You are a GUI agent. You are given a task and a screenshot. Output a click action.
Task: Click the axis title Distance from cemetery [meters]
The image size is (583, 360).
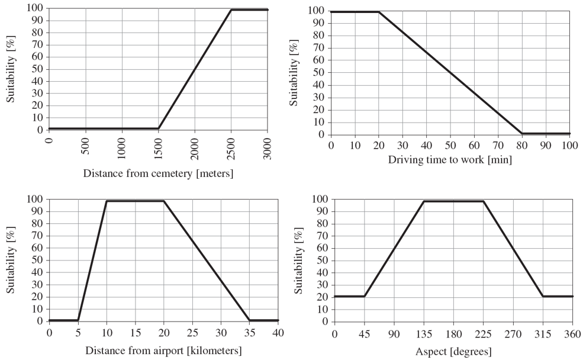tap(158, 173)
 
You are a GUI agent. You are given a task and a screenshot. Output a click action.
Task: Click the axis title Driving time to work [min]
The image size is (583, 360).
tap(450, 159)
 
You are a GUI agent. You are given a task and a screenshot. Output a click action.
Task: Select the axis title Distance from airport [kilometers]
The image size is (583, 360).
tap(163, 350)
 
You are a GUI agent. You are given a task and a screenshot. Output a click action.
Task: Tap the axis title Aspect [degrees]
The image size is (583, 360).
tap(453, 351)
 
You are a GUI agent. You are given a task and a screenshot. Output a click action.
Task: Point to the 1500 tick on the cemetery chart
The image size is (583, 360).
tap(159, 146)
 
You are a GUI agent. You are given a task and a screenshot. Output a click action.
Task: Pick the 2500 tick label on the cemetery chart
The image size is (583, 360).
tap(231, 146)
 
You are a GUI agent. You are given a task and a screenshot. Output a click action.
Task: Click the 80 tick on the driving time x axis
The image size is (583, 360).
tap(521, 145)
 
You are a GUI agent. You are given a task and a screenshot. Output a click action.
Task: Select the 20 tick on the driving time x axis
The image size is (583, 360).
tap(378, 145)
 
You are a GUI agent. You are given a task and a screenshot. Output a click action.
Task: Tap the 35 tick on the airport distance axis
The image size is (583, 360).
tap(249, 332)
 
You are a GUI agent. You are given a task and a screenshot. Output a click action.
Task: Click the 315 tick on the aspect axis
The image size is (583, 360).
tap(543, 333)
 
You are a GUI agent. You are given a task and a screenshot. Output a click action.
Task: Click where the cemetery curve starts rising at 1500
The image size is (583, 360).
tap(159, 128)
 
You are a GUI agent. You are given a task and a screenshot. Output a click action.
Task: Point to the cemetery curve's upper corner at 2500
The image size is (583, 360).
tap(231, 9)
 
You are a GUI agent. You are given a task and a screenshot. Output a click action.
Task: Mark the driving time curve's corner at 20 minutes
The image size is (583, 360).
tap(378, 12)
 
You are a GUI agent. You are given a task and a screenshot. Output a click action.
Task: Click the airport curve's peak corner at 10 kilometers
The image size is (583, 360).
tap(107, 201)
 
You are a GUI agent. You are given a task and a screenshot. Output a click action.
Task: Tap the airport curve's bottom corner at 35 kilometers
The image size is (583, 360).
tap(249, 320)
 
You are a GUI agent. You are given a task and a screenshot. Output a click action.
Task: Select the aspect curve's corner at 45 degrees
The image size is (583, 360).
tap(364, 296)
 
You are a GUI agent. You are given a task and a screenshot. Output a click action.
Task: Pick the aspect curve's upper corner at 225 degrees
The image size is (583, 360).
tap(484, 201)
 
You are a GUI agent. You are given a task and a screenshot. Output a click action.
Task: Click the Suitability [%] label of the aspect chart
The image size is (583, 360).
tap(301, 261)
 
